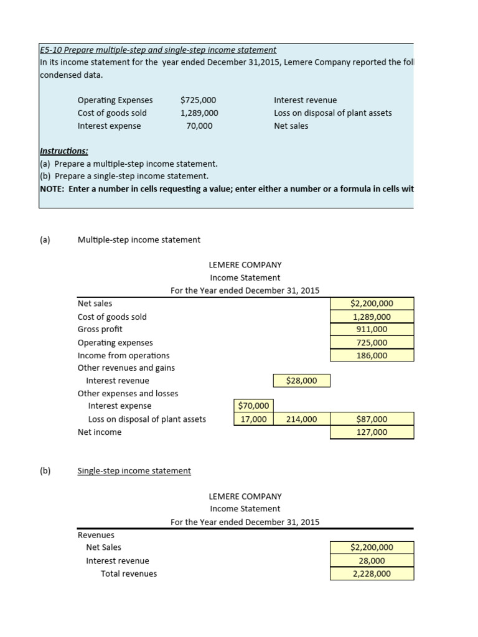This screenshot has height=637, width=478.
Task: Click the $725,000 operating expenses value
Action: pyautogui.click(x=198, y=100)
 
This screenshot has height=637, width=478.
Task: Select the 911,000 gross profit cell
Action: pyautogui.click(x=372, y=330)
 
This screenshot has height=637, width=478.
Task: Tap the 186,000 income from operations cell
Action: pyautogui.click(x=372, y=356)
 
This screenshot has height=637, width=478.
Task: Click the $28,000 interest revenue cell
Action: pyautogui.click(x=302, y=381)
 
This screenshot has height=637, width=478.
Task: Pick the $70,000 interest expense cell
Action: pyautogui.click(x=253, y=406)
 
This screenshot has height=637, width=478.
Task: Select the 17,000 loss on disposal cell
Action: pyautogui.click(x=253, y=419)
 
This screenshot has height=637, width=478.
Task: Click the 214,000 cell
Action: pyautogui.click(x=301, y=419)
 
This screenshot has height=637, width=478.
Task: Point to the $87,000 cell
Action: pyautogui.click(x=372, y=419)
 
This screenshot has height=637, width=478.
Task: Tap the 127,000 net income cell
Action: pyautogui.click(x=372, y=432)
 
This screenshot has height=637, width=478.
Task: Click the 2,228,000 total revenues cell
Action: pyautogui.click(x=372, y=574)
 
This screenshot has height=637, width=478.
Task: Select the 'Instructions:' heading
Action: pyautogui.click(x=63, y=151)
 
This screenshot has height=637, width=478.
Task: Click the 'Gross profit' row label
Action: pyautogui.click(x=100, y=330)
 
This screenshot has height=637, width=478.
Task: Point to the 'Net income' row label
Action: pyautogui.click(x=100, y=432)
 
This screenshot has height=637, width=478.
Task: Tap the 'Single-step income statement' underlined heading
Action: pyautogui.click(x=134, y=471)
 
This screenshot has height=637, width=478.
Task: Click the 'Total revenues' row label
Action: pyautogui.click(x=129, y=574)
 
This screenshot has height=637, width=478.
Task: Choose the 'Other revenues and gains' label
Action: pyautogui.click(x=126, y=368)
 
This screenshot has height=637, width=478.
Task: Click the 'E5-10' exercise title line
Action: pyautogui.click(x=158, y=50)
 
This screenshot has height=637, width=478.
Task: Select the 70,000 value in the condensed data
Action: pyautogui.click(x=199, y=126)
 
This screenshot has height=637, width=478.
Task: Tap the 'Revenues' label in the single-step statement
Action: pyautogui.click(x=96, y=535)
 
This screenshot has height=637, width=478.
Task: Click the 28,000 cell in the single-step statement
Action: pyautogui.click(x=372, y=561)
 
